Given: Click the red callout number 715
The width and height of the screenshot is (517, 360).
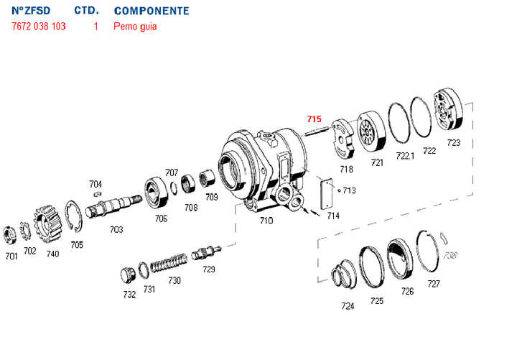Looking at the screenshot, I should coord(315,119).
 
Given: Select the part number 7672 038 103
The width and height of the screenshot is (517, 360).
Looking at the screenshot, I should coord(39,27).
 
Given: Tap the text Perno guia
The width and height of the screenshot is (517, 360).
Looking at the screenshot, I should coord(135,27).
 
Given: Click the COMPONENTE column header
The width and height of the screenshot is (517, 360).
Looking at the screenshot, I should coord(152,11).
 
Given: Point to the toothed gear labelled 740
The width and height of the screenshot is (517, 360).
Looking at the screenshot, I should coord(47,223).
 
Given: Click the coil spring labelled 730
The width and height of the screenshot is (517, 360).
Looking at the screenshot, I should coord(169,262).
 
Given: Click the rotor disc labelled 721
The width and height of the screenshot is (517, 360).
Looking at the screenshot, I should coord(372,133).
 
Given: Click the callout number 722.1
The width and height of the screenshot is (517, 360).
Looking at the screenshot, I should coord(406,156).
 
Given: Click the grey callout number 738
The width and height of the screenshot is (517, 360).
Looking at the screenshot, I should coord(450,255).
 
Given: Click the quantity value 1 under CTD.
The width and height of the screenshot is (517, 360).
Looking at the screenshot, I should coord(96,27).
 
